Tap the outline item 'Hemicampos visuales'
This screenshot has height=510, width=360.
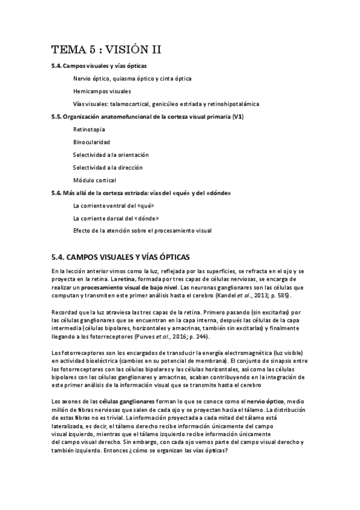[x=102, y=91]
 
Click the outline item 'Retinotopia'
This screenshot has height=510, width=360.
[x=89, y=129]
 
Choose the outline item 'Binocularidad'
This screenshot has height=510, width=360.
[x=91, y=142]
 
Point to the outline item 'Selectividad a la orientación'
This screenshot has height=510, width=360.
[x=111, y=155]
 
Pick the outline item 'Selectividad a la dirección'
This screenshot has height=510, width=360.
[x=108, y=167]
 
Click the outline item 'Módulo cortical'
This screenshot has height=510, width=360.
[x=94, y=180]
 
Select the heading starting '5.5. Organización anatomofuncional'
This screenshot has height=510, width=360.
[x=147, y=116]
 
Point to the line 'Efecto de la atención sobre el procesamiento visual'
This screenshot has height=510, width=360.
[x=142, y=230]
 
